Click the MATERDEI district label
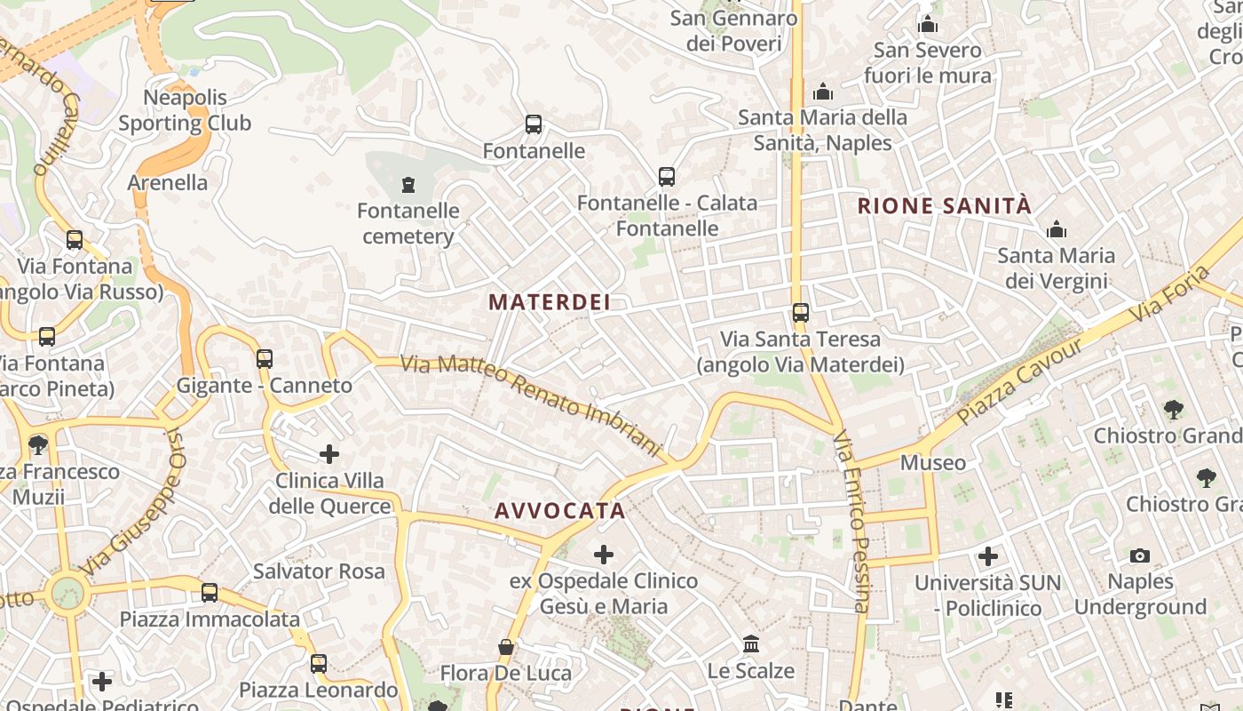coord(550,302)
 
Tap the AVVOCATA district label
coord(560,511)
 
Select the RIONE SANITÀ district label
coord(944,206)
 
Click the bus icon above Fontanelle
coord(534,124)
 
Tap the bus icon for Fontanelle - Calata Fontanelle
coord(667,177)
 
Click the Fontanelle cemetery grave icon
coord(408,185)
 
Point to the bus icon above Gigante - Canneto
coord(265,359)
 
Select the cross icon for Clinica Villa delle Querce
coord(329,454)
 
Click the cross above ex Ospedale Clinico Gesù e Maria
coord(604,555)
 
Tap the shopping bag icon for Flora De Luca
coord(506,647)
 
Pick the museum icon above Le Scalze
coord(751,643)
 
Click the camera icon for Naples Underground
coord(1140,556)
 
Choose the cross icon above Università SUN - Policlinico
coord(988,557)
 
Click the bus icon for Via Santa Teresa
coord(801,313)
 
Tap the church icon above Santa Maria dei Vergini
coord(1057,230)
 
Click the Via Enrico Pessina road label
coord(852,523)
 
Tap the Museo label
coord(933,463)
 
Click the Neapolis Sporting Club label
coord(185,110)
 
